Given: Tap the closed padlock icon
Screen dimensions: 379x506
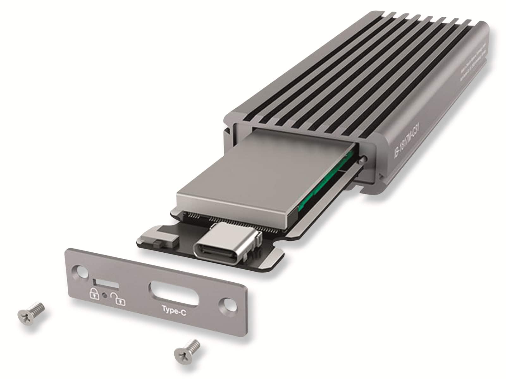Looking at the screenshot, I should point(94,293).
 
